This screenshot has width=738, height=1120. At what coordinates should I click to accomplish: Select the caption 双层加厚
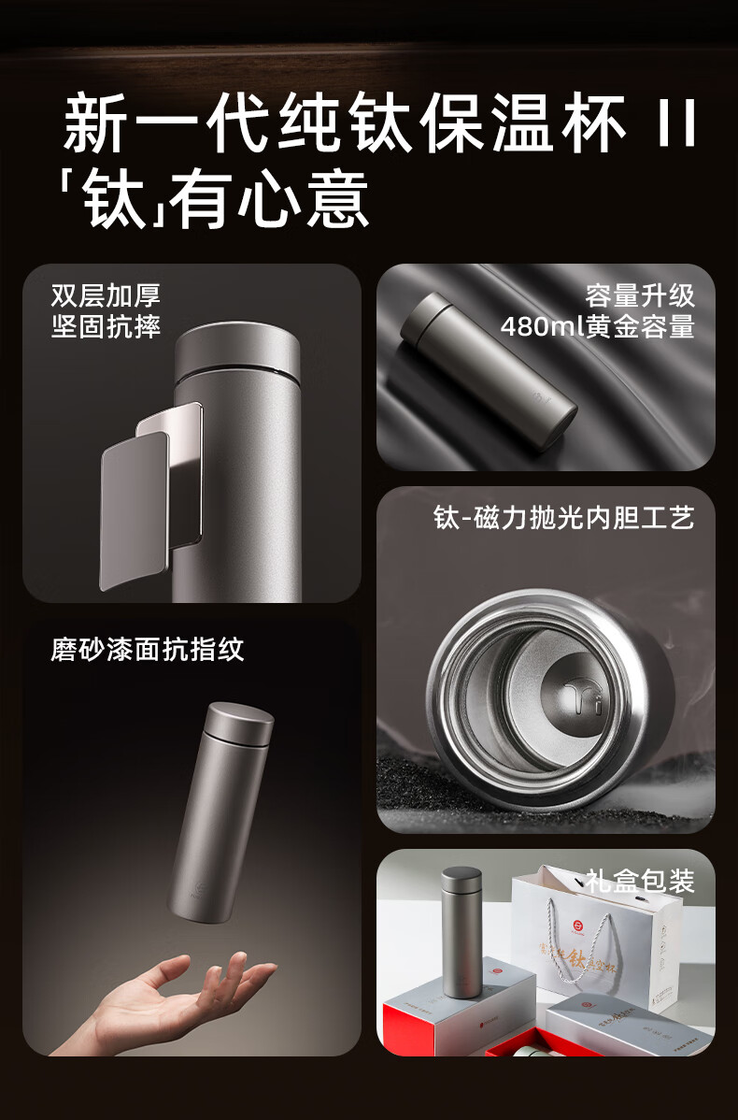coord(106,295)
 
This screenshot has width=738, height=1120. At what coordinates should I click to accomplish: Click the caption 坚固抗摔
coord(106,327)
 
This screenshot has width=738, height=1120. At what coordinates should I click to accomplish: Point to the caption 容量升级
coord(640,295)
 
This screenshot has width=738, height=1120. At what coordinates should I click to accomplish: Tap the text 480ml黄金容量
coord(598,327)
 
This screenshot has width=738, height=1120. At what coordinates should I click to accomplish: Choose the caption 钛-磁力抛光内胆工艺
coord(564,518)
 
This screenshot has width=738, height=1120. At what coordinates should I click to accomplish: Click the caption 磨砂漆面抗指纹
coord(148,649)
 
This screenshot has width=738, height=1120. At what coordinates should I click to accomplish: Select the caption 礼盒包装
coord(640,881)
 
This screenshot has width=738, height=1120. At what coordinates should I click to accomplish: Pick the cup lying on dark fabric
coord(489,372)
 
